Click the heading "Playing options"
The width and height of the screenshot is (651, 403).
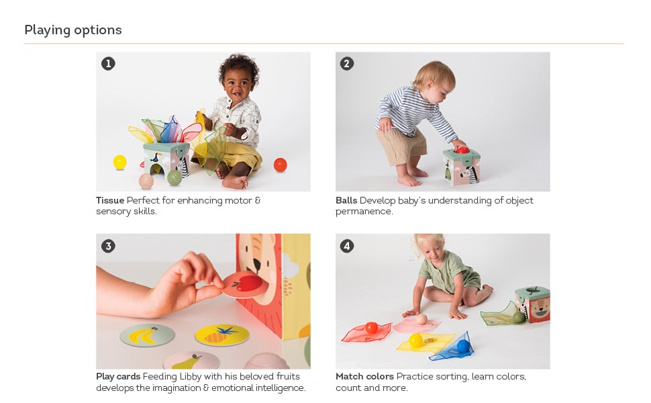click(x=73, y=30)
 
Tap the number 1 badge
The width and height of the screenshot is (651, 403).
click(x=108, y=64)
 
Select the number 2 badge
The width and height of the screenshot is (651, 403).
click(x=347, y=64)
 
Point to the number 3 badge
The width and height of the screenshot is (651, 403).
click(x=108, y=246)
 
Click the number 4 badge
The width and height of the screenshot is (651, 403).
click(x=347, y=246)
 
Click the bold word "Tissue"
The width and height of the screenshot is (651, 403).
click(x=110, y=200)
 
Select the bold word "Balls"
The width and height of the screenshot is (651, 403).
click(x=346, y=200)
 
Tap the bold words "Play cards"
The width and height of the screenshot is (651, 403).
click(x=118, y=377)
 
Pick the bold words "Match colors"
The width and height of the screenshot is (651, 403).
click(x=364, y=376)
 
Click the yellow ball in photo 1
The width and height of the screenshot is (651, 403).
click(x=120, y=162)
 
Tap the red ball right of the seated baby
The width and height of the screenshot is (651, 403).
click(x=281, y=165)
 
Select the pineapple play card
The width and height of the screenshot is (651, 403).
click(x=222, y=335)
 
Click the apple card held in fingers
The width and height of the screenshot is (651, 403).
click(x=245, y=285)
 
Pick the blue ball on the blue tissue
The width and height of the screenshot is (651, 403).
click(x=463, y=346)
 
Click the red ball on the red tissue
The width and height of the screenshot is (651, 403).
click(x=372, y=328)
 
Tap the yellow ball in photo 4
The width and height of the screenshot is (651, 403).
click(x=415, y=341)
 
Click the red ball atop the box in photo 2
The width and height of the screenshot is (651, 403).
click(x=461, y=150)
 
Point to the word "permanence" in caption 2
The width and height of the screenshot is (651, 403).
click(x=364, y=212)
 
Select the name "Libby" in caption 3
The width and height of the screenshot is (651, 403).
click(x=191, y=377)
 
